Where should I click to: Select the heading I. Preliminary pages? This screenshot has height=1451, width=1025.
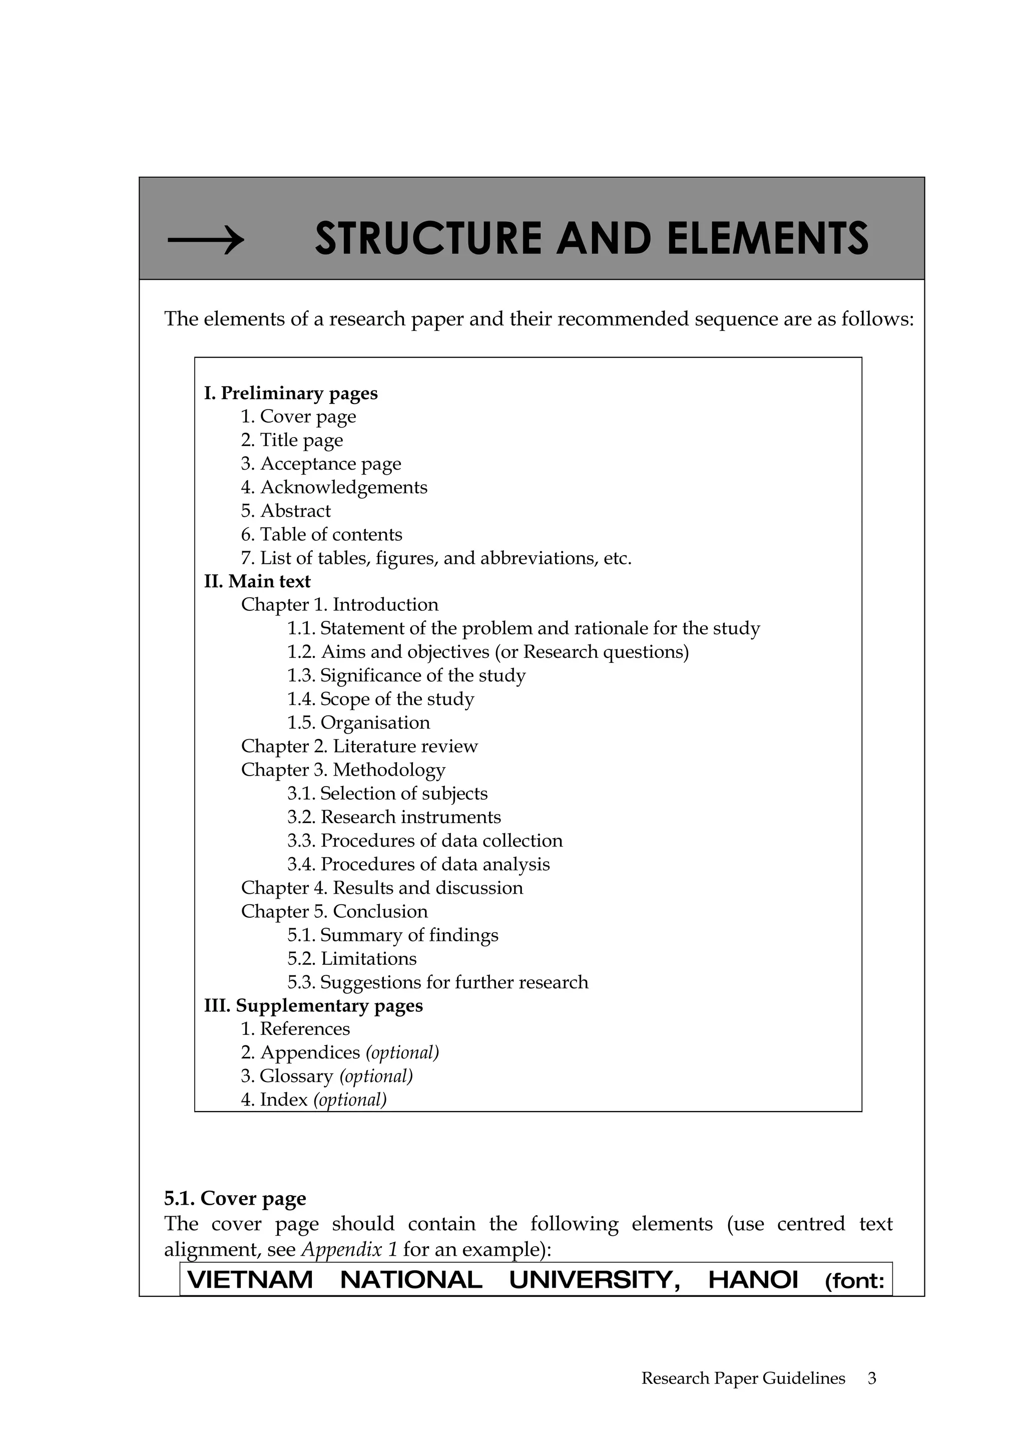coord(290,393)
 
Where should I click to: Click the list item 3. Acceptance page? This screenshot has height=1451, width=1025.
coord(321,464)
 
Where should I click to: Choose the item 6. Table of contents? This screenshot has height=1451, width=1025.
coord(321,535)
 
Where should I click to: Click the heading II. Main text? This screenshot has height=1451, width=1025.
coord(257,581)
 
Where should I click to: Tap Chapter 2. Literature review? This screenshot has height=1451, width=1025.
coord(359,747)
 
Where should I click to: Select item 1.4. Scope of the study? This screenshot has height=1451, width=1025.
coord(380,699)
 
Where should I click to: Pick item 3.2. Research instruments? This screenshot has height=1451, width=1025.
coord(393,817)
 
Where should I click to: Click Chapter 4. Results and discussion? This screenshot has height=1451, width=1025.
coord(381,888)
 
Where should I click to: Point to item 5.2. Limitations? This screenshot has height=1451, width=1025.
coord(352,959)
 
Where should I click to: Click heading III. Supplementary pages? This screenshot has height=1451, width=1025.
coord(313,1005)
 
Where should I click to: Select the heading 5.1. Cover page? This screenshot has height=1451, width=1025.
coord(235,1198)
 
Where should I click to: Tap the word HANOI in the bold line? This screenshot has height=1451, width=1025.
coord(753,1280)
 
